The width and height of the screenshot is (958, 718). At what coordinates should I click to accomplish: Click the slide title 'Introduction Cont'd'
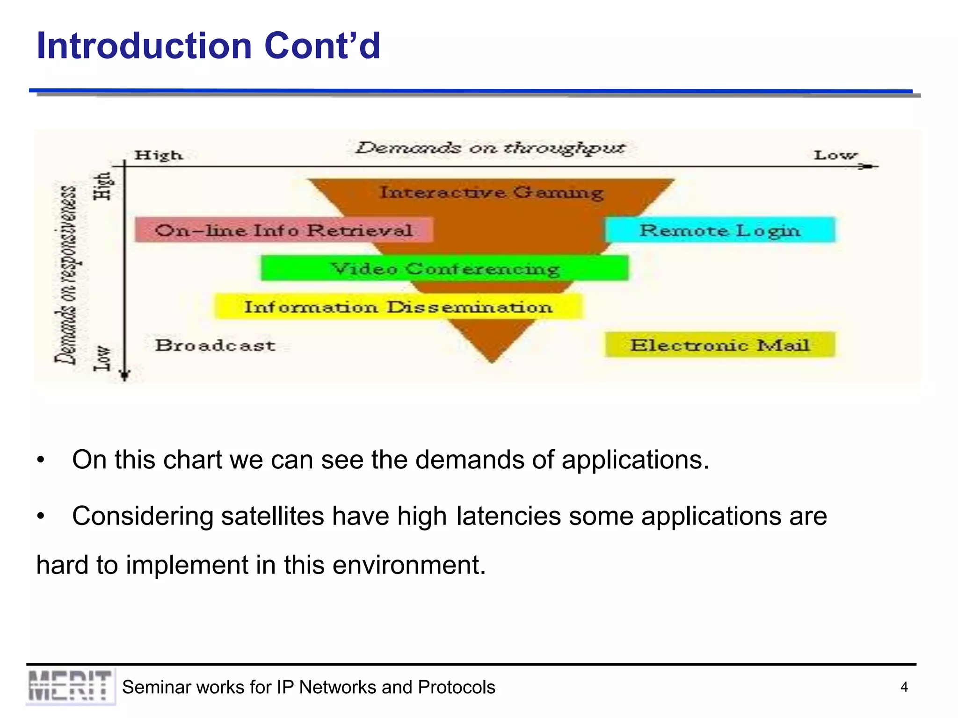[x=208, y=46]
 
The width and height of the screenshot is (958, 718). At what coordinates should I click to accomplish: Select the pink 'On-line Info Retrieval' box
[x=283, y=230]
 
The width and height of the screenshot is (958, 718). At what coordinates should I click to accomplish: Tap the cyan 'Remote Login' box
[x=720, y=230]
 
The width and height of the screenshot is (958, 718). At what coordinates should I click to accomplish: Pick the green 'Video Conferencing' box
[x=444, y=268]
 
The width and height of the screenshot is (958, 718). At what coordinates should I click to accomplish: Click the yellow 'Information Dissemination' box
[x=399, y=307]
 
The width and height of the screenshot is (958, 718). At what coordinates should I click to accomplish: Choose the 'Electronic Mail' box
[x=720, y=345]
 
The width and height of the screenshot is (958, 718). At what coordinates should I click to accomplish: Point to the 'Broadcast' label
[x=215, y=345]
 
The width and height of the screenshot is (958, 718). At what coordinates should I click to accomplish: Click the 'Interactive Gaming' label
[x=491, y=192]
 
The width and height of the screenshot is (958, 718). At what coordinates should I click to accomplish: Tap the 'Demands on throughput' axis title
[x=490, y=148]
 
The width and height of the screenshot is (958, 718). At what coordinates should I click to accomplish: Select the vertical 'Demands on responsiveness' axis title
[x=66, y=275]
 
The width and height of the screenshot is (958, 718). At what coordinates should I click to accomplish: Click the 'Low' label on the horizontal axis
[x=835, y=155]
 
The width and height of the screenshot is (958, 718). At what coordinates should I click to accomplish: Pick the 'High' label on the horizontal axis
[x=159, y=155]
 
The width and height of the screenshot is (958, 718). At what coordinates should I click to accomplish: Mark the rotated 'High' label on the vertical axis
[x=103, y=186]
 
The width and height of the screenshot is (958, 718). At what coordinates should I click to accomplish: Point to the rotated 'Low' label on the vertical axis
[x=102, y=359]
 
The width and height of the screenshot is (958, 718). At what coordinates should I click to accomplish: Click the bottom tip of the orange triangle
[x=492, y=361]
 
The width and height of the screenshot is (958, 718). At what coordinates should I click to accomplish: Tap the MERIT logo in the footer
[x=70, y=686]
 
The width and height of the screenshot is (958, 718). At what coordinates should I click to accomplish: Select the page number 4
[x=904, y=687]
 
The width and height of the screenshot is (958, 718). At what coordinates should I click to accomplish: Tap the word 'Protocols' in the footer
[x=456, y=687]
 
